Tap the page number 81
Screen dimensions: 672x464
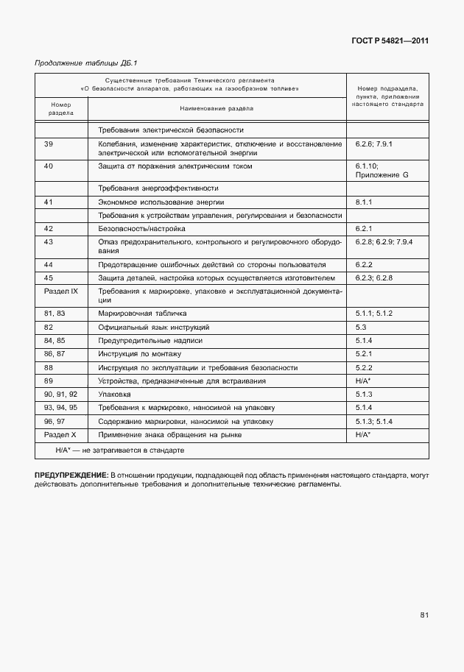point(424,615)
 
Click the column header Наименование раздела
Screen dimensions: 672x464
point(216,108)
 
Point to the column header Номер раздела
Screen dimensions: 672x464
point(61,109)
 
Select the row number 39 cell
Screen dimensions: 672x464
point(49,144)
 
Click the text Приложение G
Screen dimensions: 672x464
point(381,176)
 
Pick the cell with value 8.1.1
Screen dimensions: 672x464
point(365,201)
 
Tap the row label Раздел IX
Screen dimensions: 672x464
point(61,291)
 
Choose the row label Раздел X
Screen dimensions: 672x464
point(60,435)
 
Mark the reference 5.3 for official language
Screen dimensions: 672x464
point(361,326)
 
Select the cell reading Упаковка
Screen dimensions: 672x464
point(114,395)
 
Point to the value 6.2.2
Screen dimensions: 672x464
point(365,264)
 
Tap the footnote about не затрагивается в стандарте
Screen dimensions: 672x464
point(119,449)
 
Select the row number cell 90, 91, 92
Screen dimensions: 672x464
point(60,395)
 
